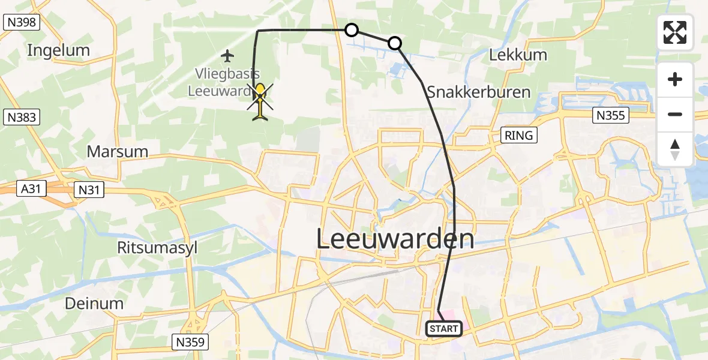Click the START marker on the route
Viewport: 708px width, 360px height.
[444, 328]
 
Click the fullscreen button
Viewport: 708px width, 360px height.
[675, 32]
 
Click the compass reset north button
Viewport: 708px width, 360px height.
[675, 149]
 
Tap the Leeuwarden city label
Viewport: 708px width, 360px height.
[395, 239]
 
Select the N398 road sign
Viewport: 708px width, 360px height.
[20, 23]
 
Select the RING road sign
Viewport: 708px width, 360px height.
[518, 135]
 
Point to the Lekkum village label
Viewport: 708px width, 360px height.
[518, 55]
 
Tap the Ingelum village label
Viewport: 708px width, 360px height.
[58, 50]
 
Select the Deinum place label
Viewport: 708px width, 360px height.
[94, 303]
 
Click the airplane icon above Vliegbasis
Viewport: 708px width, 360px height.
[227, 56]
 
